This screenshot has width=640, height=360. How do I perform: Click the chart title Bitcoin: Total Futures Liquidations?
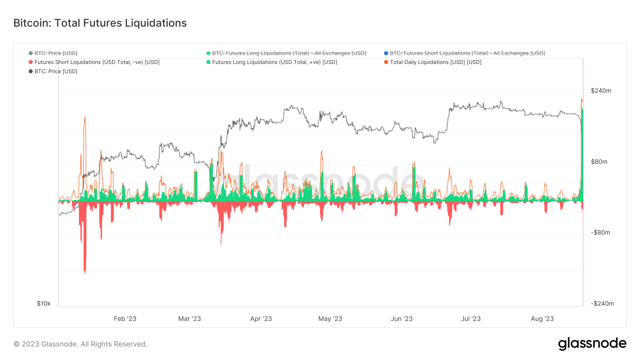100,23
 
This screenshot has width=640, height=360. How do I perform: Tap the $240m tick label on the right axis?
601,91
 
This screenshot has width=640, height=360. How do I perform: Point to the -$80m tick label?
600,232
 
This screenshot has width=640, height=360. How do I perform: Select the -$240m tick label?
602,303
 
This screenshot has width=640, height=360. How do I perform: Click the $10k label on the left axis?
44,303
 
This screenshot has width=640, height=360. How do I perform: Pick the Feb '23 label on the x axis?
125,319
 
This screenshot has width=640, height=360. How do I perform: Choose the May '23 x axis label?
330,319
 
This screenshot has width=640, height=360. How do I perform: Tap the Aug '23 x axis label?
542,319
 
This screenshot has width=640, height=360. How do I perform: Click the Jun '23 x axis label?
401,319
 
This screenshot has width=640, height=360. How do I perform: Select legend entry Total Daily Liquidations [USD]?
435,62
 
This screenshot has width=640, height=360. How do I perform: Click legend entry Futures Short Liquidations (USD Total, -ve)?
97,62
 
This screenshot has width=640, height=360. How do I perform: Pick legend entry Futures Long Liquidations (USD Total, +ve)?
274,62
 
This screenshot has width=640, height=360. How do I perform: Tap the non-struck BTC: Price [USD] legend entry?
56,71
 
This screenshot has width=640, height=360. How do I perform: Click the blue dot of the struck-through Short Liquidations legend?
386,53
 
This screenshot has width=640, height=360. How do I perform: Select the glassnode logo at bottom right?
592,344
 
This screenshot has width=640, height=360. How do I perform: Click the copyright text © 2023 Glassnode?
80,344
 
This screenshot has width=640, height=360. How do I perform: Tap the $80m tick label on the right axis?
599,162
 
